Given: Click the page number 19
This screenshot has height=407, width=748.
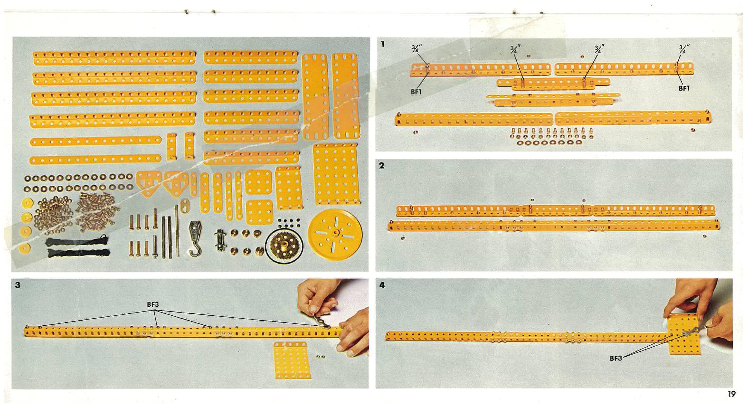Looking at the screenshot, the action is [732, 394].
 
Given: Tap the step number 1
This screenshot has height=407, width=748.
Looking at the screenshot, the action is [383, 44].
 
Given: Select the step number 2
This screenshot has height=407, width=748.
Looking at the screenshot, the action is [382, 165].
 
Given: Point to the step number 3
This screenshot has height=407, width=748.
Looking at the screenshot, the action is [18, 285].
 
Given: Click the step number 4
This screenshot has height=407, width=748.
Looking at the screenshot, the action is [382, 285].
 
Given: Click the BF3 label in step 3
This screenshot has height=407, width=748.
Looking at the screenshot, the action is [153, 304].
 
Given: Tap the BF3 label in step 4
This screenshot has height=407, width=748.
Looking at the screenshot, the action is [616, 359].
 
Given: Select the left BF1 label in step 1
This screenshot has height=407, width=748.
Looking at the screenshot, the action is [416, 92].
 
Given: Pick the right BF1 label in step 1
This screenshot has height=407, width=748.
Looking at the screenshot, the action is [684, 89].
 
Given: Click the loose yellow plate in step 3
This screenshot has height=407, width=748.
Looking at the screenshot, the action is [292, 360].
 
